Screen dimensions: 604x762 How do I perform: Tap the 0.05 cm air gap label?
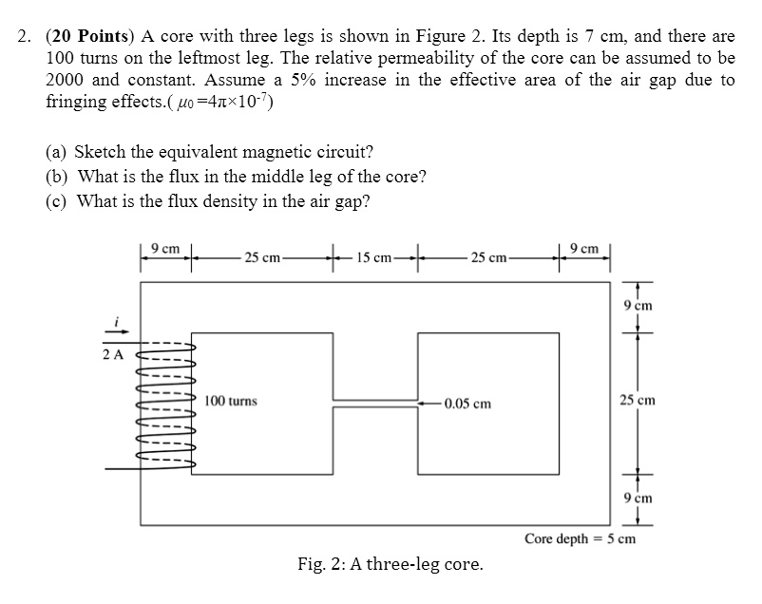(467, 403)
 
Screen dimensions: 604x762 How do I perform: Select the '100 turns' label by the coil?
(231, 402)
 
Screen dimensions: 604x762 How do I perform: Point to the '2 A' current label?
(113, 355)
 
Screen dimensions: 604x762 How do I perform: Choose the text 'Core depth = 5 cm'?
(580, 539)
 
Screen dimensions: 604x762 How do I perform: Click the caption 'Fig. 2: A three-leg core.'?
(390, 565)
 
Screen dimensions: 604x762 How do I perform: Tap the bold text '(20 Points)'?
(91, 37)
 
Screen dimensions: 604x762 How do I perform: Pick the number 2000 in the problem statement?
(67, 80)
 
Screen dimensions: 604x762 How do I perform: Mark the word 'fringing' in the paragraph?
(76, 102)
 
